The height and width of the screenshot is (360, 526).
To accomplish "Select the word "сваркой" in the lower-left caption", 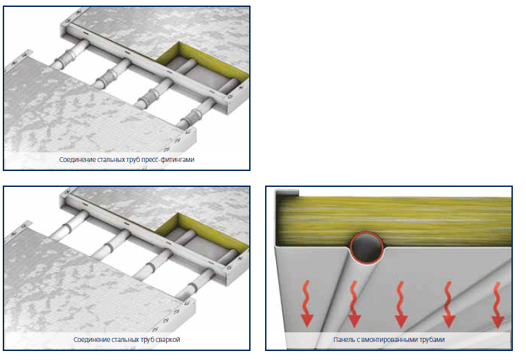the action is click(x=168, y=339).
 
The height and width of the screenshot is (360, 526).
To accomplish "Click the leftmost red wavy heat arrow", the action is click(x=307, y=304).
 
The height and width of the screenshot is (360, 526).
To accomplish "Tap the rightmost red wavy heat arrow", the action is click(x=498, y=305).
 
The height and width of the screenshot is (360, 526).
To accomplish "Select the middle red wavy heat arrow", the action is click(x=401, y=304).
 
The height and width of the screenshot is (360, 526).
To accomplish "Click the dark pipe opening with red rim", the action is click(x=367, y=248).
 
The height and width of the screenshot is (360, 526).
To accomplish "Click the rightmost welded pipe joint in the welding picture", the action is click(x=192, y=287).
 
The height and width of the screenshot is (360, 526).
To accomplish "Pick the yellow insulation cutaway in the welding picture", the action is click(x=201, y=231).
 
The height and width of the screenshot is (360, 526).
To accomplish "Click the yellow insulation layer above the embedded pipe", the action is click(x=394, y=219).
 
